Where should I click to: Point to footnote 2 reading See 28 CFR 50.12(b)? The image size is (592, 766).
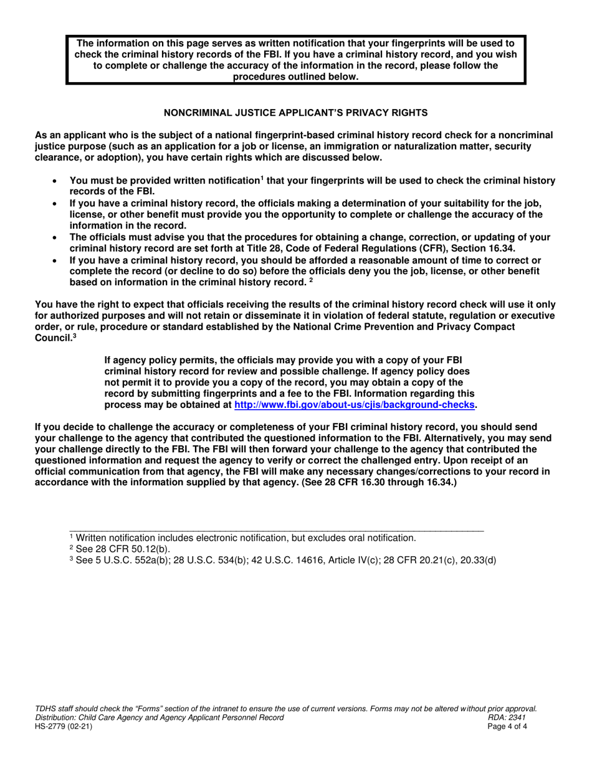tap(118, 549)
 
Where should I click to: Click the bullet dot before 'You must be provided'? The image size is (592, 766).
tap(57, 181)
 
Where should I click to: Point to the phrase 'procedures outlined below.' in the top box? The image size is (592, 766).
tap(296, 77)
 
